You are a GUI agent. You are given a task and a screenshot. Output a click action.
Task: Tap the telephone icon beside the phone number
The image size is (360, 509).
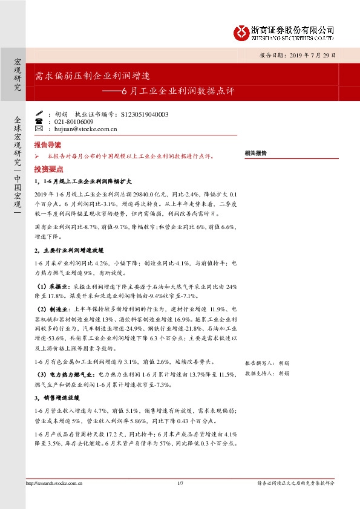[x=39, y=122]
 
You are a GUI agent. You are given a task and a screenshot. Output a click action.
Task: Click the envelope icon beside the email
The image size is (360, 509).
[x=39, y=129]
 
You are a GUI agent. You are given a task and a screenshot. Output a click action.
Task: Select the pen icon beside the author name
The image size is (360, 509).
[x=39, y=114]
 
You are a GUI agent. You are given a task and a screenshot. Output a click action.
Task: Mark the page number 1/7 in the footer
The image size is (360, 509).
[x=180, y=483]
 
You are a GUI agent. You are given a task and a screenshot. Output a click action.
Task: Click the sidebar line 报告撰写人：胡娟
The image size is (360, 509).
[x=267, y=363]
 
